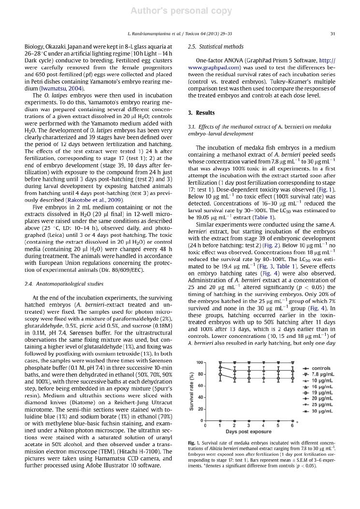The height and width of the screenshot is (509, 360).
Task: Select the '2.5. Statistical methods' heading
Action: [x=213, y=47]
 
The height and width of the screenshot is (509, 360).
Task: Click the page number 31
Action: [x=332, y=33]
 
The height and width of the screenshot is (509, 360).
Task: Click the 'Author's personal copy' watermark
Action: [x=180, y=10]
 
